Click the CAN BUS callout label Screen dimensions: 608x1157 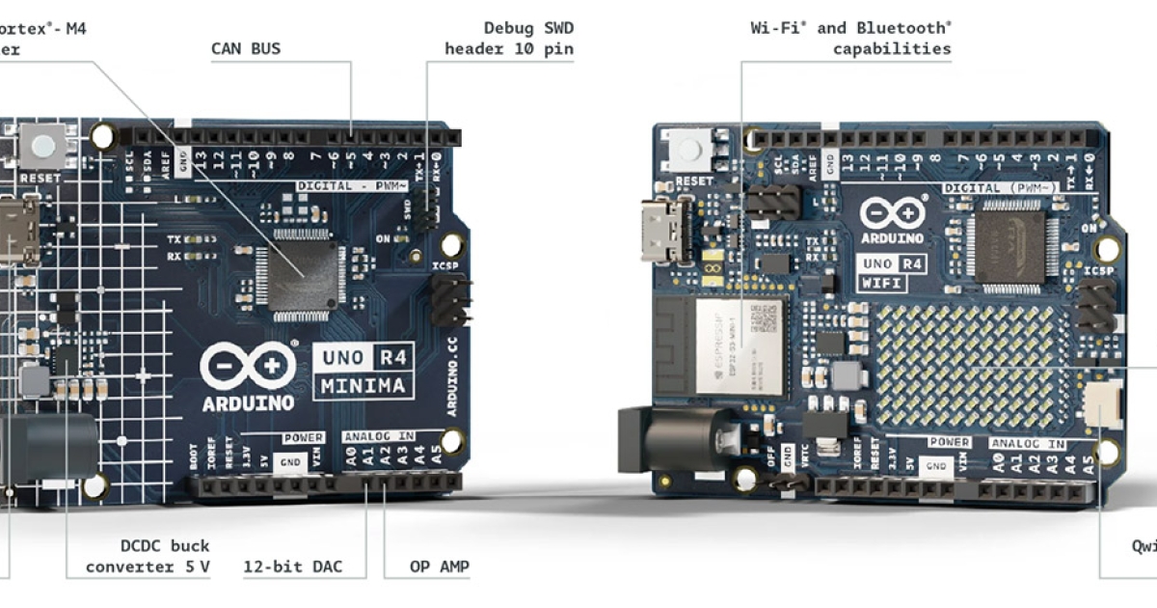pos(246,48)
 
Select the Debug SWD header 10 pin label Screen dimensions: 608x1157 pos(509,39)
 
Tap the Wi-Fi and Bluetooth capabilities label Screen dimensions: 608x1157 pos(850,39)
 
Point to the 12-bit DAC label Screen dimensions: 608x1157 pos(292,567)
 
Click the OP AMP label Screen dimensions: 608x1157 pos(440,567)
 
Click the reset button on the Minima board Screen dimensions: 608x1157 pos(43,148)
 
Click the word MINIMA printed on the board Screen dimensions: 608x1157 pos(364,388)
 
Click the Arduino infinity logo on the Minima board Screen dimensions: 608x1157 pos(247,366)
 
